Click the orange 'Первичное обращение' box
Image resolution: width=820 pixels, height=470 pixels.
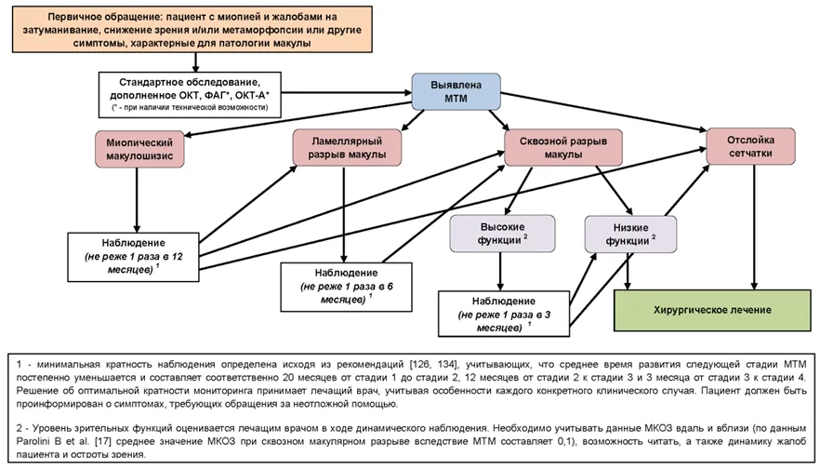click(192, 29)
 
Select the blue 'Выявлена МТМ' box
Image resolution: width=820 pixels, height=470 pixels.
click(456, 91)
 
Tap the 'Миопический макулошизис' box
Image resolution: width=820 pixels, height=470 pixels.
click(139, 149)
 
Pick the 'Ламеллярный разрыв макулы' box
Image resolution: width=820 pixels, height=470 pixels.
click(347, 148)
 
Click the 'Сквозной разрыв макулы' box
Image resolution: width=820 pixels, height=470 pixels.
click(563, 148)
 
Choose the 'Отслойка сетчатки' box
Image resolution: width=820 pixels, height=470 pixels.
click(750, 146)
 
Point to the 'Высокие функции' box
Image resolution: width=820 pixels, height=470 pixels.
click(502, 234)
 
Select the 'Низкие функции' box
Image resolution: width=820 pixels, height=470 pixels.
click(630, 234)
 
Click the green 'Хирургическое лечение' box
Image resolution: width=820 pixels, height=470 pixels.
click(712, 310)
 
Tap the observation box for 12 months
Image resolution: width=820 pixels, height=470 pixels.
click(133, 257)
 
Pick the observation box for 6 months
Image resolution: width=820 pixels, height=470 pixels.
click(346, 287)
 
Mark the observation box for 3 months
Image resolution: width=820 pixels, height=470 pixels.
click(504, 314)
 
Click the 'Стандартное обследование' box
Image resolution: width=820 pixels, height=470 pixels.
click(190, 95)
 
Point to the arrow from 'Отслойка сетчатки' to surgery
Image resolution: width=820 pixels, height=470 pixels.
click(754, 227)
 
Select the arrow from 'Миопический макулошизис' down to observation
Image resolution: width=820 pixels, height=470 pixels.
click(137, 200)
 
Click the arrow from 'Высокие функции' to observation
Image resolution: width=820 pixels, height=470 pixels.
click(500, 272)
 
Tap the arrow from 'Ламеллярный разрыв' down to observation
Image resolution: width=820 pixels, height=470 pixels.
click(344, 215)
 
